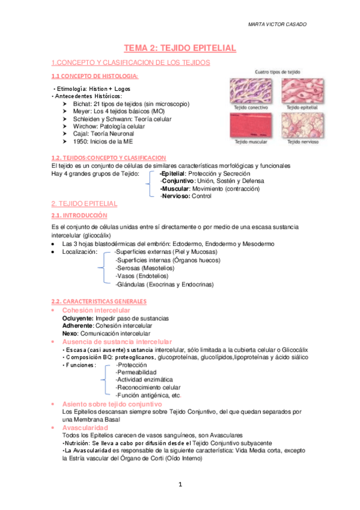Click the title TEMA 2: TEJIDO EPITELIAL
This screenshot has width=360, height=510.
(x=180, y=48)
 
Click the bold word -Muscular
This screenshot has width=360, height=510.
(x=175, y=188)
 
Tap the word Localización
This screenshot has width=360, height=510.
(x=79, y=253)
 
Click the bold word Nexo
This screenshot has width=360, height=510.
(x=70, y=333)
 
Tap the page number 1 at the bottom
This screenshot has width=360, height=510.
(x=180, y=484)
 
